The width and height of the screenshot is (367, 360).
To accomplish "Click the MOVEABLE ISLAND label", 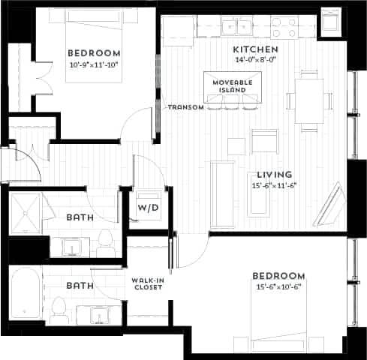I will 233,85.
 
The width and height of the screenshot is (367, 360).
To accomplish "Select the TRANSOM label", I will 186,107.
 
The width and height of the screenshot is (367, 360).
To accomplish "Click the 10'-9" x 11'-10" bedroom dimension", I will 94,64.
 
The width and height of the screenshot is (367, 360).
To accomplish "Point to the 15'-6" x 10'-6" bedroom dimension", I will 278,287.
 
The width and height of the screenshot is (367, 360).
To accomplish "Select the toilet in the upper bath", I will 105,240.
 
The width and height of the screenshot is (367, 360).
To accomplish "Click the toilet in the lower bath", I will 59,307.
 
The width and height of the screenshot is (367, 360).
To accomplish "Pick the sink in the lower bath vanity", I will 99,314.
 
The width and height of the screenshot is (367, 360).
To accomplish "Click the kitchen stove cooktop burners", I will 285,28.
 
